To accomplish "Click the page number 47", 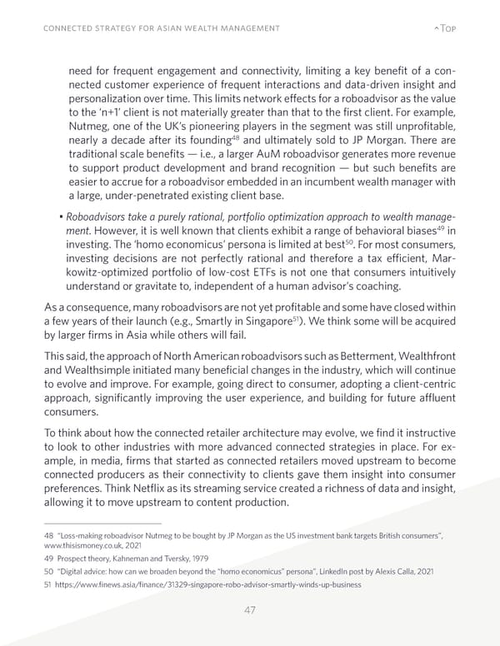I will tap(249, 609).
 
